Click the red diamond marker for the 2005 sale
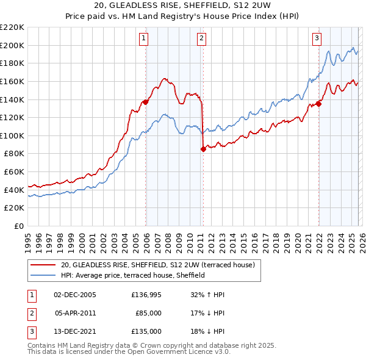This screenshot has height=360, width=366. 145,103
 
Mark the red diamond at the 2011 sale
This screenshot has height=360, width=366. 203,149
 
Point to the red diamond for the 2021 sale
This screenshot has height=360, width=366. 318,104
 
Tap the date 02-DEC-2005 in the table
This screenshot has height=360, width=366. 75,295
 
